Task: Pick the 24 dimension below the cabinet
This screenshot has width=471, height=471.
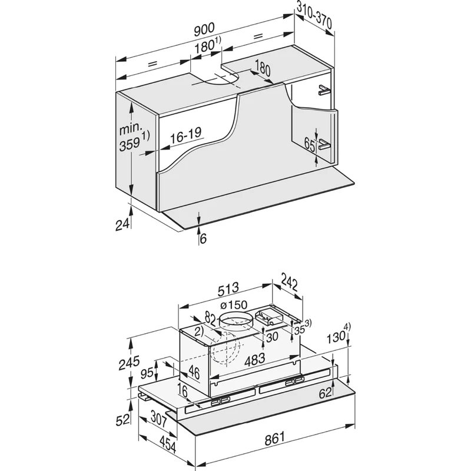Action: click(x=122, y=224)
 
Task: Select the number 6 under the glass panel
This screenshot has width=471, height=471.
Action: click(x=203, y=238)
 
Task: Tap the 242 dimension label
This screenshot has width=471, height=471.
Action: click(x=288, y=284)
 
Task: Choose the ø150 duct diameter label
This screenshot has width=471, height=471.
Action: click(x=234, y=306)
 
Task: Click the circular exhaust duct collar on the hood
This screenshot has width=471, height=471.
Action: click(x=234, y=323)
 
